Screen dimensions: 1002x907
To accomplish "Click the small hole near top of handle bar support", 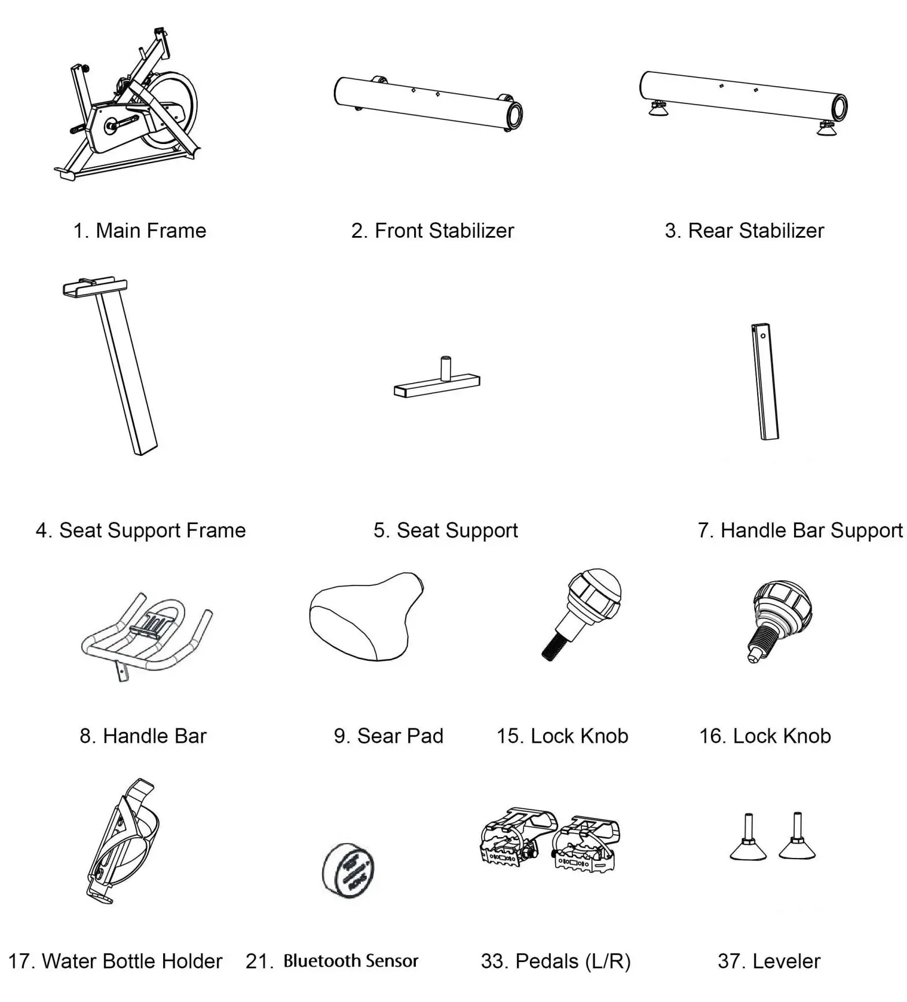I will tap(764, 336).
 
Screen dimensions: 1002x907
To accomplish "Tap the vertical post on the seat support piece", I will tap(445, 369).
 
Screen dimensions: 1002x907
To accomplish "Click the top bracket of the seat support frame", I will tap(94, 286).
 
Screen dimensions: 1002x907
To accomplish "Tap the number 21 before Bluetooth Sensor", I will tap(258, 962).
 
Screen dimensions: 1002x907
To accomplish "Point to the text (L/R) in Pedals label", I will tap(608, 962).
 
